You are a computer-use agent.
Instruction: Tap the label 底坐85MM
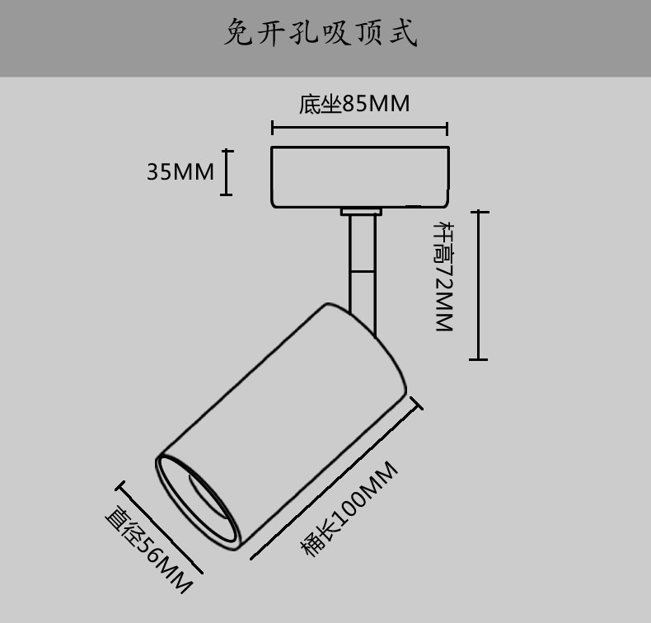(354, 105)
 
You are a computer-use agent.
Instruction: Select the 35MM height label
(180, 172)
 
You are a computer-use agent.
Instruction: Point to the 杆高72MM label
(446, 276)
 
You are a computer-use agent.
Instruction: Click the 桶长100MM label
(349, 509)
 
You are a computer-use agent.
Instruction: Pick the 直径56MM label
(148, 549)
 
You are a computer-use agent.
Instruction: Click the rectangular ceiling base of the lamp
(360, 176)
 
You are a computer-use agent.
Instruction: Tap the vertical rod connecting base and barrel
(361, 264)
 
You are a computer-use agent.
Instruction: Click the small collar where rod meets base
(361, 212)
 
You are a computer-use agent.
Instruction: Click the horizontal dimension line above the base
(359, 129)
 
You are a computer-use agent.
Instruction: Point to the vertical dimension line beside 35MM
(227, 172)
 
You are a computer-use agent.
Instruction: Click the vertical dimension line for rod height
(478, 285)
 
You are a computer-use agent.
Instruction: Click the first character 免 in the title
(238, 35)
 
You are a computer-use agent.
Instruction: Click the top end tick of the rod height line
(478, 212)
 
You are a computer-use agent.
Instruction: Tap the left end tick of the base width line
(273, 129)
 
